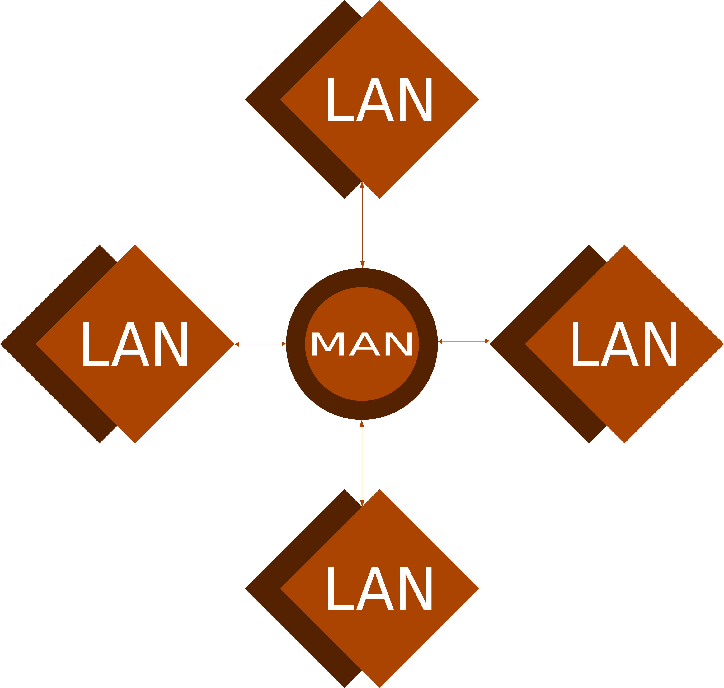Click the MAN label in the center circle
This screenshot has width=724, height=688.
[362, 344]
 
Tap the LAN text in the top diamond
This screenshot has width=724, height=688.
[379, 99]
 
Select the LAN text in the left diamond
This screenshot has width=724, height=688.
[135, 344]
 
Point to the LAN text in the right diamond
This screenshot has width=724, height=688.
[624, 344]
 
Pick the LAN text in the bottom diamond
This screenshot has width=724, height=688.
[379, 589]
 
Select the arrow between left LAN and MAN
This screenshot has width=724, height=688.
[260, 344]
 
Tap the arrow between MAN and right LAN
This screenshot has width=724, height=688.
[463, 341]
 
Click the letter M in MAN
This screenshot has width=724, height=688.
[328, 344]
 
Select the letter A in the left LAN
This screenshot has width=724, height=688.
[130, 344]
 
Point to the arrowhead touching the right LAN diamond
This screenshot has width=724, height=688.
[487, 341]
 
